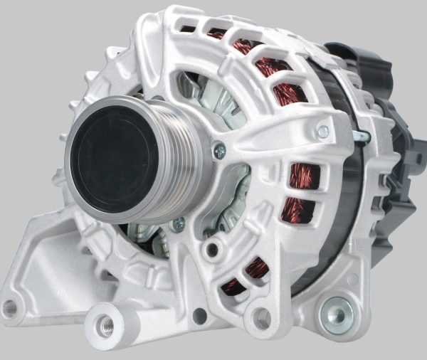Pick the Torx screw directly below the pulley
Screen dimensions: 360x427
[178, 223]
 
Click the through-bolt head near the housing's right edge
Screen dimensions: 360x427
[323, 132]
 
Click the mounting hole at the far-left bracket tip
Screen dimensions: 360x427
[9, 308]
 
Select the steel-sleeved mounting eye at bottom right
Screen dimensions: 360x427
[337, 314]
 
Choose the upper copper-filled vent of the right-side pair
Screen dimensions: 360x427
[300, 175]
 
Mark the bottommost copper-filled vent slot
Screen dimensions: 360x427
[235, 285]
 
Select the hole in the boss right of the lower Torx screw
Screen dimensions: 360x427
[211, 249]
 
